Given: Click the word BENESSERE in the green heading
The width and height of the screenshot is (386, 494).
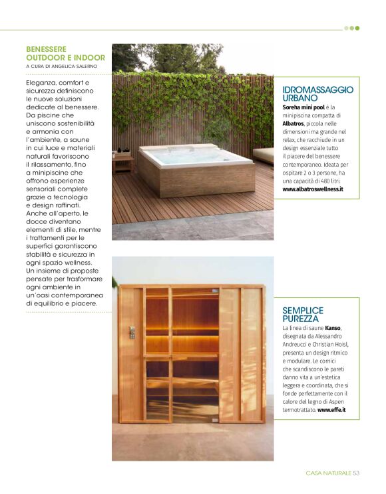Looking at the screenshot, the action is (x=46, y=49).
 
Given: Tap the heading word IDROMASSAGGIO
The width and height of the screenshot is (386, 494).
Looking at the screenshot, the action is (x=317, y=89).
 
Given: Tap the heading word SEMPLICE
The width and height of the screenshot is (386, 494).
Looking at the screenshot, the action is (x=303, y=311).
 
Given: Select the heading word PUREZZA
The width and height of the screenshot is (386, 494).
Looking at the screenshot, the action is (x=300, y=319).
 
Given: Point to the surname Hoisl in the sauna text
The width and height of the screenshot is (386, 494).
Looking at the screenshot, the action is (x=340, y=345).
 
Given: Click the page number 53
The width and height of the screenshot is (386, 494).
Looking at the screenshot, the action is (x=357, y=473).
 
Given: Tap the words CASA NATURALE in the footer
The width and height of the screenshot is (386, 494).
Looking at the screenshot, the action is (x=328, y=473).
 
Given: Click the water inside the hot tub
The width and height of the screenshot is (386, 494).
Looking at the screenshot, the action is (x=193, y=157).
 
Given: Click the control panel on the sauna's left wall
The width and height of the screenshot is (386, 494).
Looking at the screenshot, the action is (x=132, y=333).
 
